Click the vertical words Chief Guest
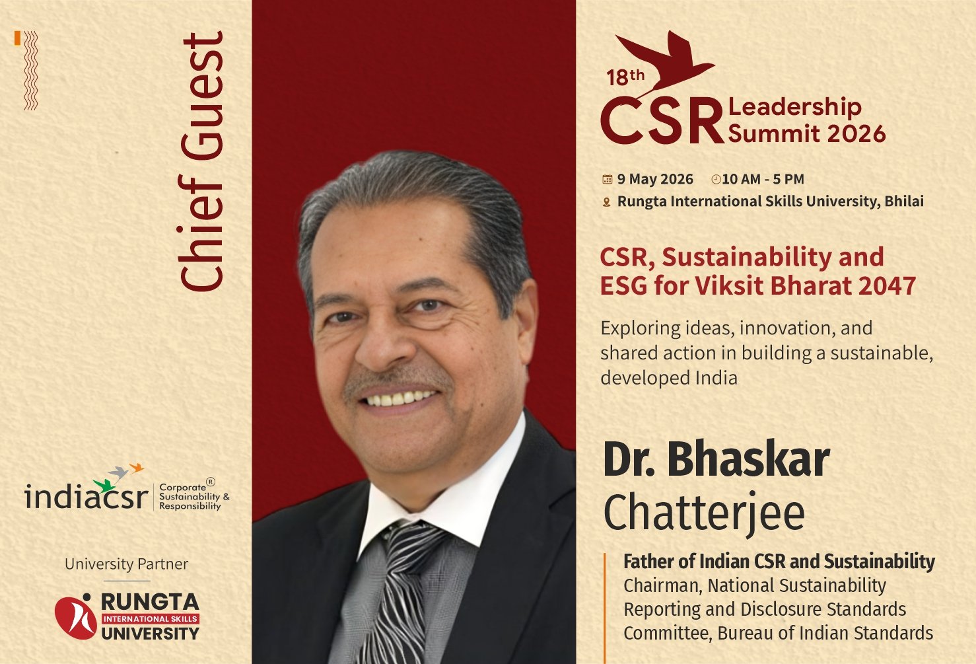pos(203,163)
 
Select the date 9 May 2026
pos(655,179)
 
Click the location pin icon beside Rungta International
pos(606,202)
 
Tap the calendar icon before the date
pos(607,179)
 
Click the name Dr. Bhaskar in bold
pos(716,460)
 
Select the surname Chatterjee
pos(704,513)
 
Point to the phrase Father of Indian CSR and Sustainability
pos(779,562)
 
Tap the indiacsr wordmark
pos(85,497)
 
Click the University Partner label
pos(126,564)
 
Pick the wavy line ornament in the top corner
pos(30,70)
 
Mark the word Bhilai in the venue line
pos(904,201)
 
